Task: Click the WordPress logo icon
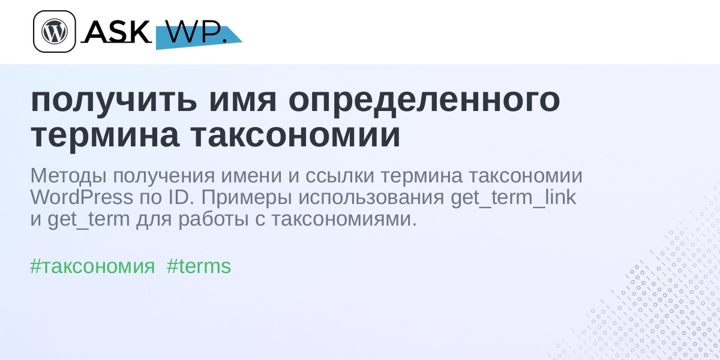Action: point(55,31)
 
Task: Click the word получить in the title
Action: point(113,100)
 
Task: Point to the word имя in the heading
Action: point(242,100)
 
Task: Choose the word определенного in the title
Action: point(424,100)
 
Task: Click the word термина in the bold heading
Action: point(105,136)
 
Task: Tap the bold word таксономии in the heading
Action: point(295,136)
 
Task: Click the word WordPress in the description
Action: point(82,197)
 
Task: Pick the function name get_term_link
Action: point(513,197)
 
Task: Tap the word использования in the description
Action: point(371,197)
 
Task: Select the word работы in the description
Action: point(214,220)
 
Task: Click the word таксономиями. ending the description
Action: point(344,219)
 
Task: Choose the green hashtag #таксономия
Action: point(92,266)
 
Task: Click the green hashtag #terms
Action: point(199,266)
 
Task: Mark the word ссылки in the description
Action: point(340,176)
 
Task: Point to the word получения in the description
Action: point(164,176)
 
